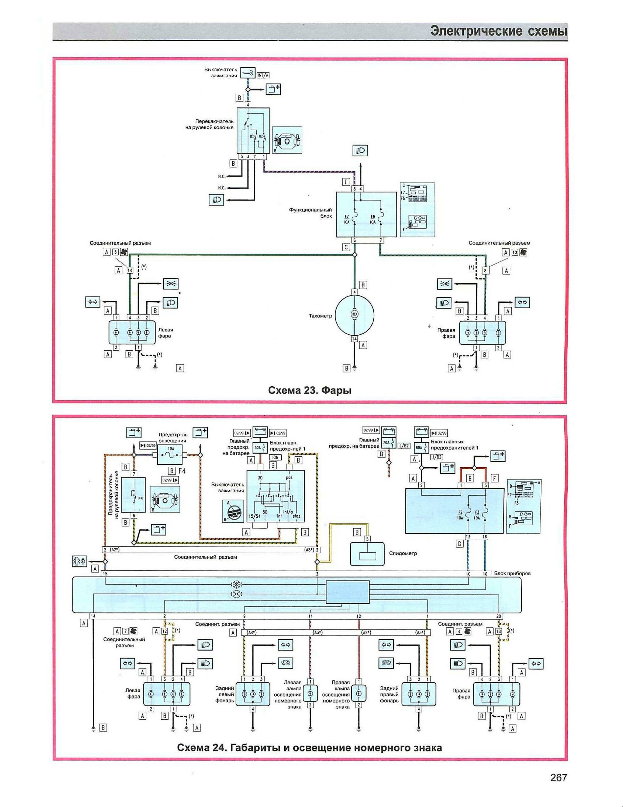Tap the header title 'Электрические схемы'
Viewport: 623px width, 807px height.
(499, 31)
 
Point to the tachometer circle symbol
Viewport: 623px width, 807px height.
(354, 314)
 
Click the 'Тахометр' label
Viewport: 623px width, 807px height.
(320, 316)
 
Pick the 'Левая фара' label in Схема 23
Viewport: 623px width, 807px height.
(165, 332)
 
